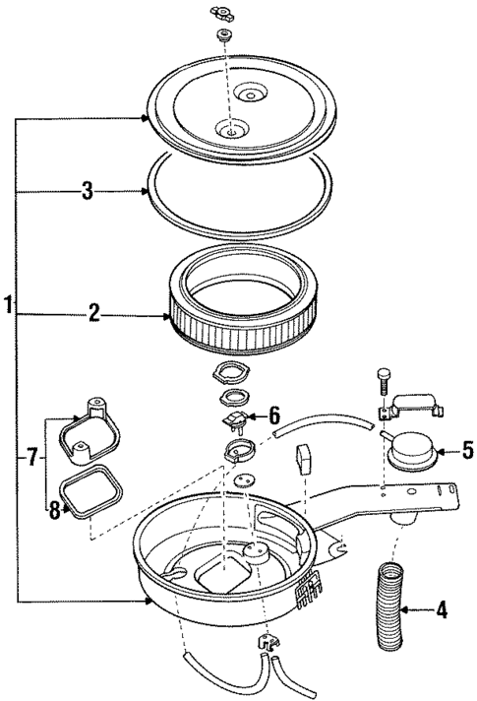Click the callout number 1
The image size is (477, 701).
[8, 306]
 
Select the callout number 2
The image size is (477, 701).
[94, 316]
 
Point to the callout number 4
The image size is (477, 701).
[442, 610]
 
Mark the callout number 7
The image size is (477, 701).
[32, 458]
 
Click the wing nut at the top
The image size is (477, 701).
[220, 14]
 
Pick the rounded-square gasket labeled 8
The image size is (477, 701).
[91, 488]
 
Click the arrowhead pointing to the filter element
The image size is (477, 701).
[168, 316]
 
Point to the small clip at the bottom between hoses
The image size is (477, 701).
[265, 644]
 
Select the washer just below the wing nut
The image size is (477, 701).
[222, 35]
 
